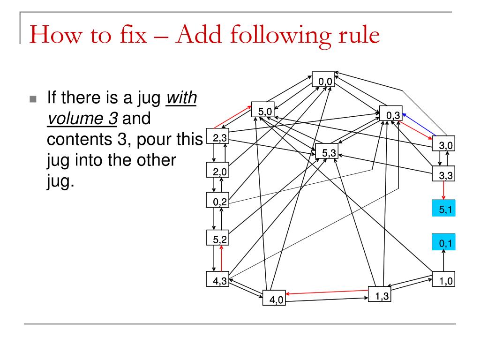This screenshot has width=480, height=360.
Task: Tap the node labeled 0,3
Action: coord(391,113)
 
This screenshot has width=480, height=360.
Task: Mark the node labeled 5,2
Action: coord(217,238)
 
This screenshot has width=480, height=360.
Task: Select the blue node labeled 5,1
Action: coord(443,208)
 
